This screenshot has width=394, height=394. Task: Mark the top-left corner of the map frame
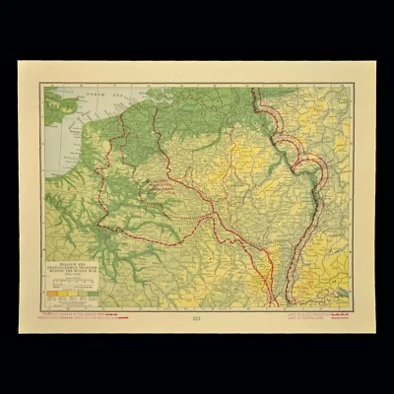pyautogui.click(x=40, y=84)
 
